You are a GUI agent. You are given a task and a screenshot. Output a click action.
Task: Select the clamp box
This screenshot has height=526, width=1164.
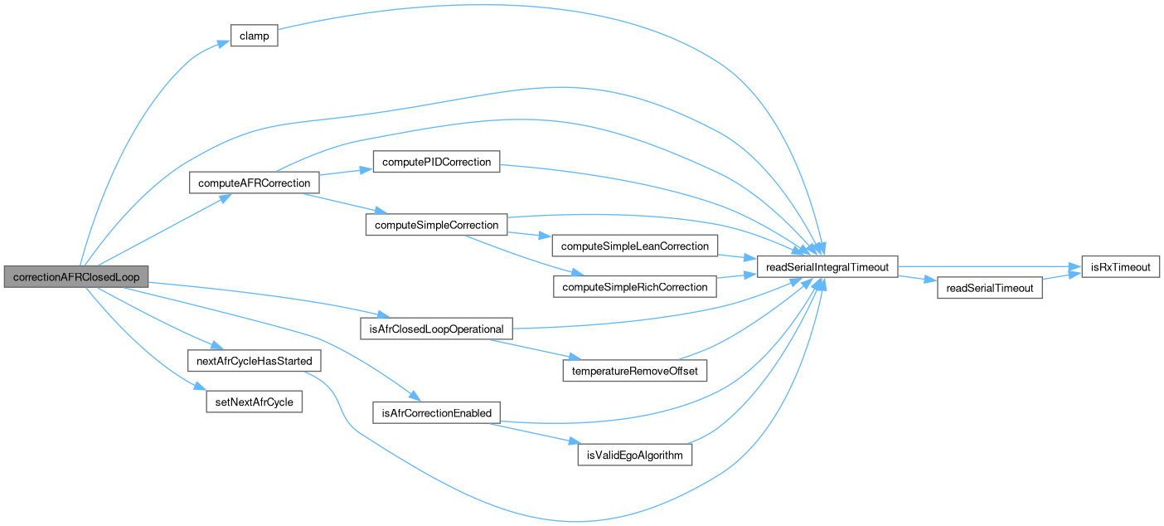tap(253, 37)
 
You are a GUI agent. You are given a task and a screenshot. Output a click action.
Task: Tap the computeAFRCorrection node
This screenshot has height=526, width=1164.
tap(255, 183)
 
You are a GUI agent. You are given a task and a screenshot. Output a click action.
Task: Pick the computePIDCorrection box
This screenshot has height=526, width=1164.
tap(436, 162)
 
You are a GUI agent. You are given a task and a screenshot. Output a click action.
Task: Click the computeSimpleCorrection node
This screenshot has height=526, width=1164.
tap(436, 225)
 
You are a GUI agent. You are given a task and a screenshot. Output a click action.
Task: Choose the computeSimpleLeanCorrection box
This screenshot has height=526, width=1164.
tap(635, 246)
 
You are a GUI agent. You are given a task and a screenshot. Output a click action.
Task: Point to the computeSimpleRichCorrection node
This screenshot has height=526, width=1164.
tap(635, 287)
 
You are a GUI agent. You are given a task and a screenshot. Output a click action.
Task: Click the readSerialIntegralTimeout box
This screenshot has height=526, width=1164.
tap(827, 266)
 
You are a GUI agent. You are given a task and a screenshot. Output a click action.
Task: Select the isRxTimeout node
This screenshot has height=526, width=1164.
tap(1120, 266)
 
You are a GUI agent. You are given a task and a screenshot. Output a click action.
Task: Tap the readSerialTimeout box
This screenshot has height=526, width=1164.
tap(989, 288)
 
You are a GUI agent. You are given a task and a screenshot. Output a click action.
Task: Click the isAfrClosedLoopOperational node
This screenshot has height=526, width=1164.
tap(436, 329)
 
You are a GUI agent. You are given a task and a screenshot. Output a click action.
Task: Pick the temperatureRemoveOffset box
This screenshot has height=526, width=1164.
tap(635, 371)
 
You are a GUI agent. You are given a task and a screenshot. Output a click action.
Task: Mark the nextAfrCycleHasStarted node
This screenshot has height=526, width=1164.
tap(255, 362)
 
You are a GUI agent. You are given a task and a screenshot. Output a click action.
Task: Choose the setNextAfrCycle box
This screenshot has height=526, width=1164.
tap(255, 402)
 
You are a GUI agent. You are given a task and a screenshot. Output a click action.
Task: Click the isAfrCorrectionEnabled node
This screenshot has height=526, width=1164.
tap(436, 412)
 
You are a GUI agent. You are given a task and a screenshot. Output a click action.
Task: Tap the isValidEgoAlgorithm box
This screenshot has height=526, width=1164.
tap(635, 455)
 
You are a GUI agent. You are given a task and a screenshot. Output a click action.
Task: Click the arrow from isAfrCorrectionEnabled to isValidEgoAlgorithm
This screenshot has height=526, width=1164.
tap(531, 433)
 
